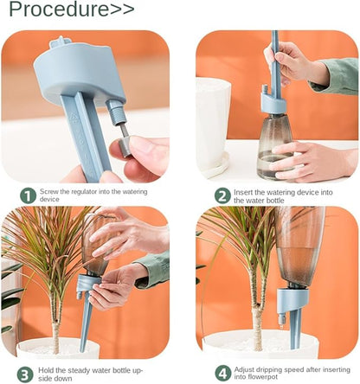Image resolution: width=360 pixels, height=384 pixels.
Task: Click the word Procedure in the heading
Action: click(59, 10)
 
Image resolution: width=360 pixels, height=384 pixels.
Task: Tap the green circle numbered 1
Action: click(28, 196)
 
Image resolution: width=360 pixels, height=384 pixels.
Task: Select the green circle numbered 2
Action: click(222, 196)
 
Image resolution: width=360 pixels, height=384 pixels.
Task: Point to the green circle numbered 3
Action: click(25, 374)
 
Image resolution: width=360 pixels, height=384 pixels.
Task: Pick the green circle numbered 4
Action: click(223, 374)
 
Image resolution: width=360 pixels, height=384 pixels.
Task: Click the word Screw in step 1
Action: click(48, 192)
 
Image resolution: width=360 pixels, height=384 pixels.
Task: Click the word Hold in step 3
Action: click(44, 370)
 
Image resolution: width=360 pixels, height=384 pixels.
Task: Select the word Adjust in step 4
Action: click(244, 369)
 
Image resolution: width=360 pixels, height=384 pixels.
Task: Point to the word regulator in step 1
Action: click(84, 192)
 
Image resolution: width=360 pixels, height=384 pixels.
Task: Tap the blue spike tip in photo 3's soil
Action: click(82, 349)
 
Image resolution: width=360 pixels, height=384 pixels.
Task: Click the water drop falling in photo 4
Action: click(280, 327)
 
